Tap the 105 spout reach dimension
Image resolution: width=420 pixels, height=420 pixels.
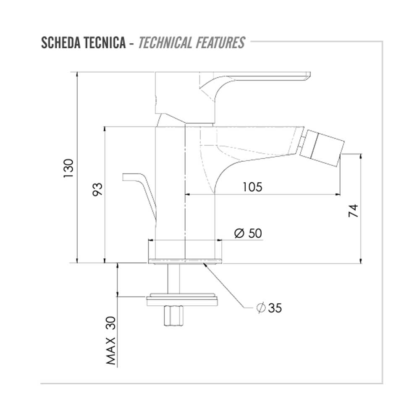click(x=252, y=186)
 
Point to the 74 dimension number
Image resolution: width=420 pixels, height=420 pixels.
click(x=354, y=210)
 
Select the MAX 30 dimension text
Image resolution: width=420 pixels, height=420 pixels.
click(x=110, y=340)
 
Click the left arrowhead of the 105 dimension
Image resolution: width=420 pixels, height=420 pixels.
click(x=188, y=194)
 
